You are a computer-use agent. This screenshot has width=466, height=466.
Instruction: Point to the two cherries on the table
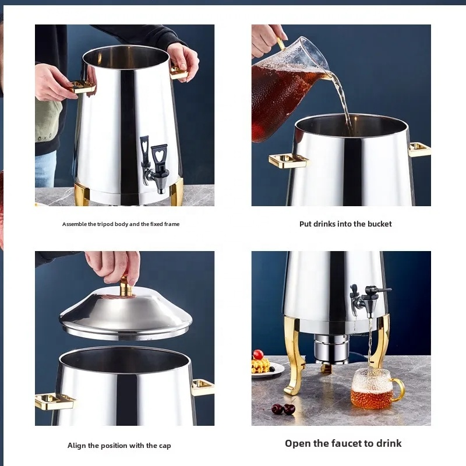click(x=283, y=409)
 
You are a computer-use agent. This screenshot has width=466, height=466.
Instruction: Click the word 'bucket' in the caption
click(x=379, y=224)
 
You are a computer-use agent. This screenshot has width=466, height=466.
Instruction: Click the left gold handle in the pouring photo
click(x=287, y=160)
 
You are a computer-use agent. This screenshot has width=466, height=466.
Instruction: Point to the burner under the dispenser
click(x=331, y=349)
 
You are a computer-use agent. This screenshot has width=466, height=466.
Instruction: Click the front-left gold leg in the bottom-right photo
click(x=295, y=355)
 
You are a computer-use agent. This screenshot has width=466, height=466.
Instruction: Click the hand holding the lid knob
click(x=114, y=265)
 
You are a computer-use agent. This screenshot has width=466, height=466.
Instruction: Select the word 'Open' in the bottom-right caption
click(x=298, y=443)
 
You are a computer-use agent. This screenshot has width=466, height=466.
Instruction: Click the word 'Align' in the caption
click(x=76, y=446)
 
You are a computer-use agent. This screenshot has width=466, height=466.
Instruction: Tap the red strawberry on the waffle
click(x=258, y=355)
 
